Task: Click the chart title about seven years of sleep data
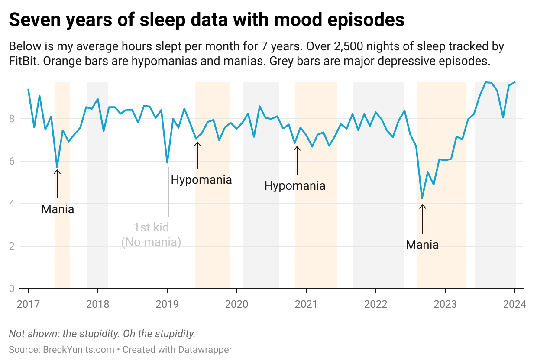point(207,20)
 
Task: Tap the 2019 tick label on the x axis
point(167,304)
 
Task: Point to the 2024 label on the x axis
point(515,304)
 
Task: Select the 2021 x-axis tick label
point(306,304)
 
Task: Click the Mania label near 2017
point(58,209)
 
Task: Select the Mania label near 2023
point(422,245)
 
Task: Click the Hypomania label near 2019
point(201,180)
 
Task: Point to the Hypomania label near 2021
point(294,186)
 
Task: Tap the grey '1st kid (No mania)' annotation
point(151,234)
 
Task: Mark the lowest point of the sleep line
point(422,198)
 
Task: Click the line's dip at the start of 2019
point(167,163)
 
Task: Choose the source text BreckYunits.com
point(78,349)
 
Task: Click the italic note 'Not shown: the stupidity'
point(102,334)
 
